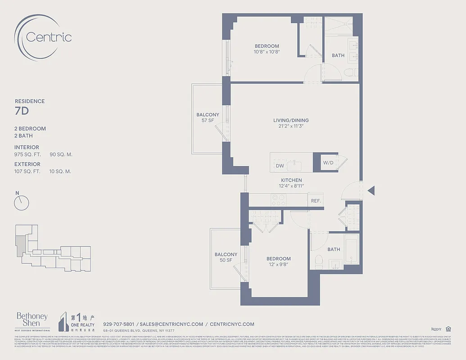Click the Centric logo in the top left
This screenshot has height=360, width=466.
[43, 36]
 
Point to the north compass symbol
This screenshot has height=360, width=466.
[21, 202]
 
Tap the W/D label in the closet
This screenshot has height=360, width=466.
[328, 163]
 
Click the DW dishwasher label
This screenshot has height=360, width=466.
[280, 166]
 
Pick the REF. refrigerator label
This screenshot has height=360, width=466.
[316, 201]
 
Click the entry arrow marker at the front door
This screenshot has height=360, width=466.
[371, 191]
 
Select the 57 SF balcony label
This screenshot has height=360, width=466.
[208, 121]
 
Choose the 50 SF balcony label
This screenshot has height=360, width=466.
[226, 261]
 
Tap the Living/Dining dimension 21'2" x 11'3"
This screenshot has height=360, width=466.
[291, 126]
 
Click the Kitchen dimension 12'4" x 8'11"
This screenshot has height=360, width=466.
[291, 186]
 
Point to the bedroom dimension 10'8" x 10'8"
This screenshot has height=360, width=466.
[267, 52]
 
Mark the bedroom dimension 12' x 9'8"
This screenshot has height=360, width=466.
[278, 265]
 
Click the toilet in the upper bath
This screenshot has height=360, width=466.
[349, 72]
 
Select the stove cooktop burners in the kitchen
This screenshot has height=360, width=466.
[279, 200]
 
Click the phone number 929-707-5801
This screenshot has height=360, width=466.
[118, 324]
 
